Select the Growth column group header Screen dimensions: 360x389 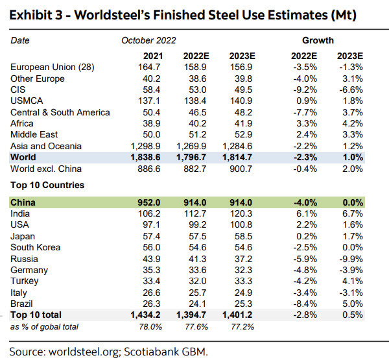point(318,40)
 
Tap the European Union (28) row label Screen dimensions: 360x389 point(47,67)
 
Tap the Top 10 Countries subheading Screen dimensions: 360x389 point(47,185)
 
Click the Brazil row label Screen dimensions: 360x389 point(22,304)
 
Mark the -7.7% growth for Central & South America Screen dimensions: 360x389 point(304,112)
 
